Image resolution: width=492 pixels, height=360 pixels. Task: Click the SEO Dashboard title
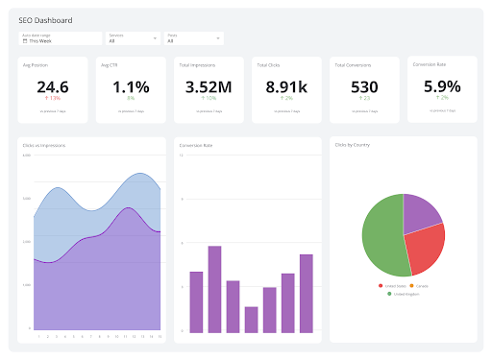coord(45,19)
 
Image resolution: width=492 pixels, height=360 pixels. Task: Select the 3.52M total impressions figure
coord(209,86)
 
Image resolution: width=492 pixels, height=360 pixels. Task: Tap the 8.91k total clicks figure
coord(285,86)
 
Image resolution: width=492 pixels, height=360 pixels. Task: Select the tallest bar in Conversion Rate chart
coord(214,289)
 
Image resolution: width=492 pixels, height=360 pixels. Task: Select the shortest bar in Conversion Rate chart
coord(251,320)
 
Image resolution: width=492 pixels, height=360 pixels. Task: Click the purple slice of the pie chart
coord(421,212)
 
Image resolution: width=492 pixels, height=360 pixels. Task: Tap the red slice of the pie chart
coord(426,250)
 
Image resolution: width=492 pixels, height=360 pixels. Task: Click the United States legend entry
coord(394,285)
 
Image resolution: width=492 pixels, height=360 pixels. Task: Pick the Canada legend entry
coord(421,285)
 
